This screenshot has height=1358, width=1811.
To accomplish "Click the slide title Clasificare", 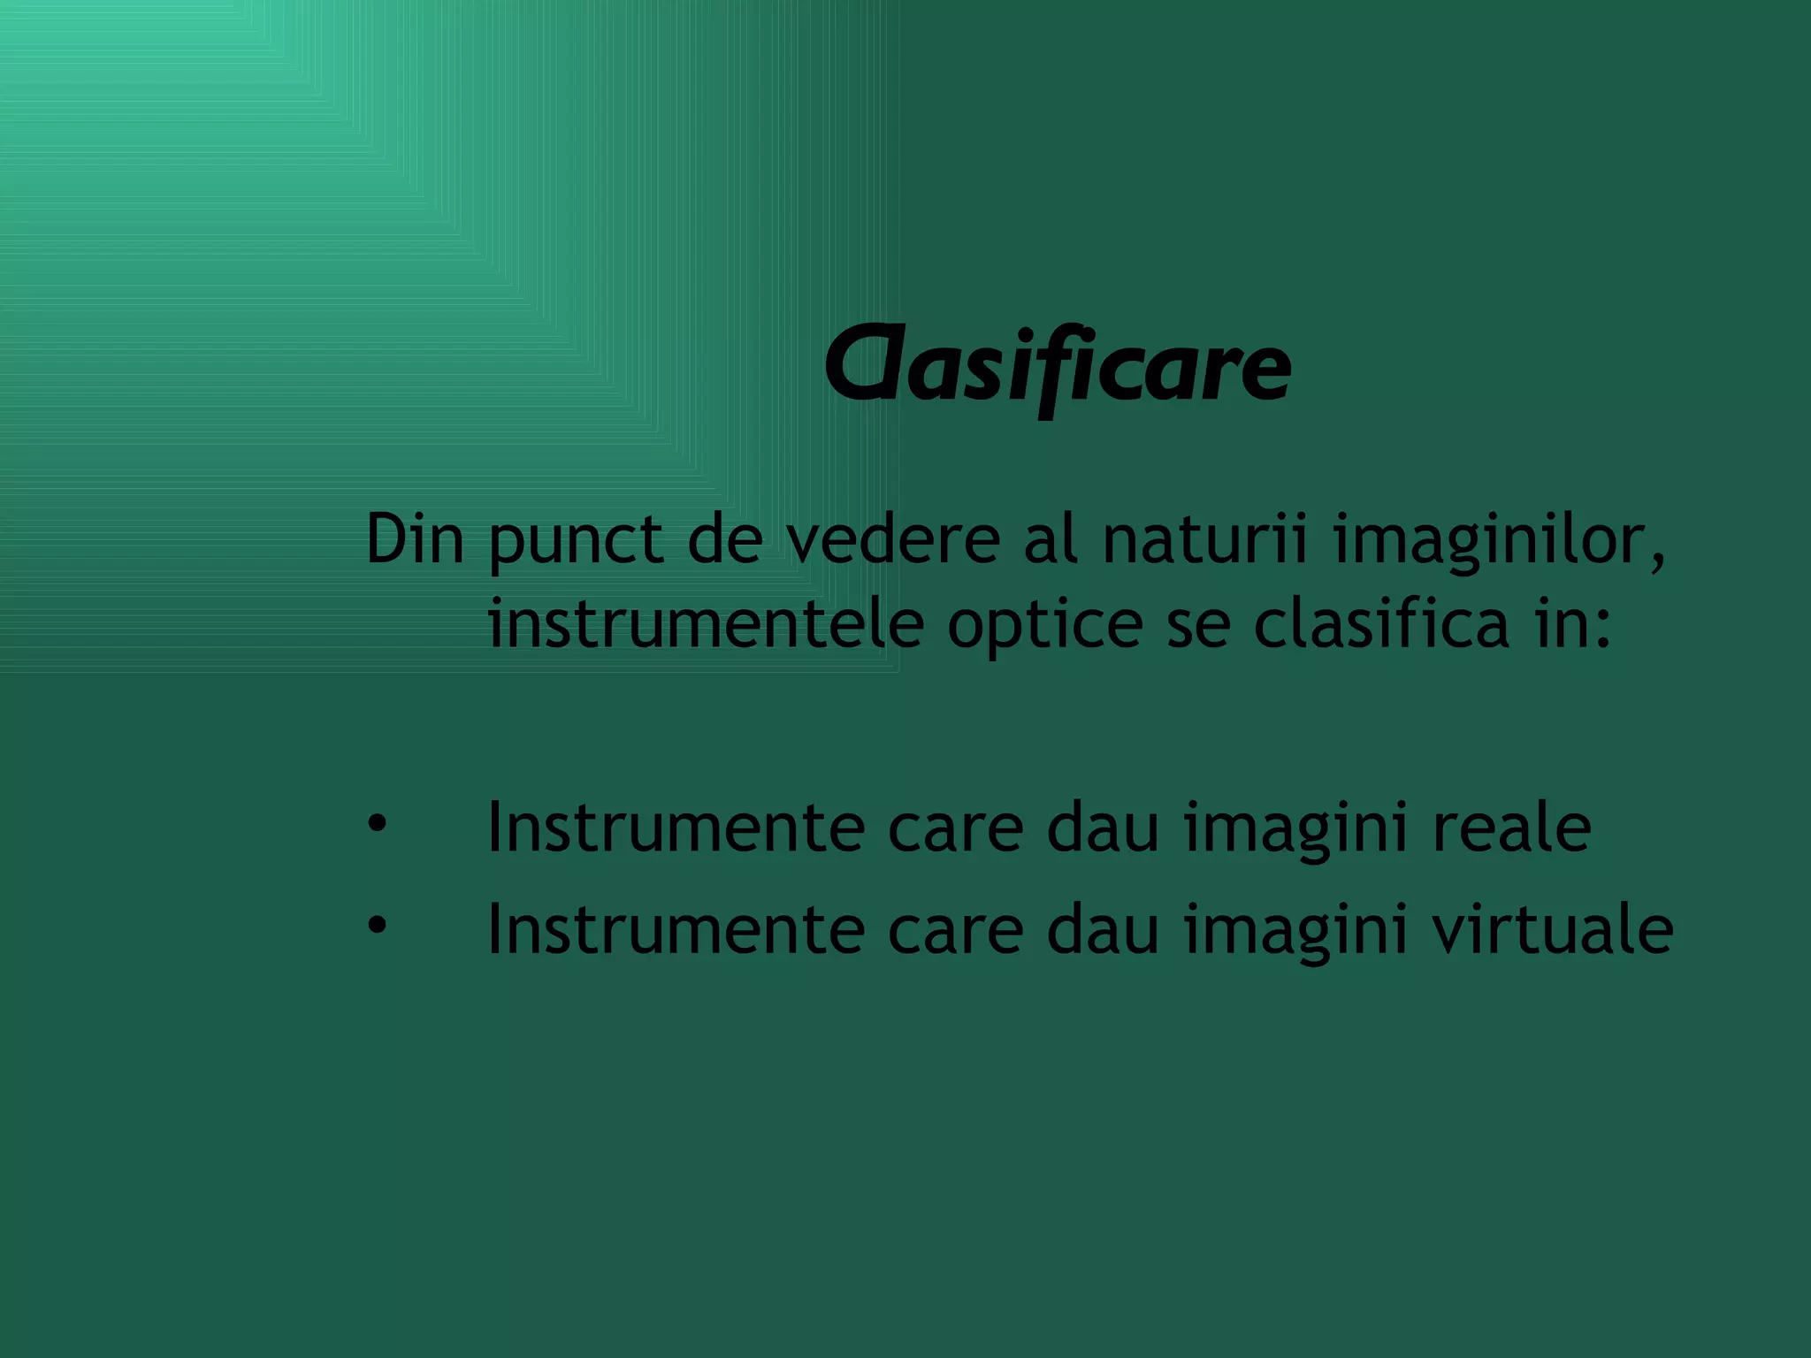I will pos(1058,367).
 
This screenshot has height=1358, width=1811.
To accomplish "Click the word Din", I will pos(415,538).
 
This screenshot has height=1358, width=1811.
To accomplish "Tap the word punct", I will pos(576,541).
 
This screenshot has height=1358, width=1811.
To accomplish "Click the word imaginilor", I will pos(1499,541).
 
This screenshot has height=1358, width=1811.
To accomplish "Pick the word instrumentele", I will pos(706,624).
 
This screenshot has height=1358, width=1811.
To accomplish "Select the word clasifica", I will pos(1381,622).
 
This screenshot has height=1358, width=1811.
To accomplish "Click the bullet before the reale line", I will pos(378,824).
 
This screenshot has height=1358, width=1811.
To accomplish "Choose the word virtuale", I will pos(1552,930).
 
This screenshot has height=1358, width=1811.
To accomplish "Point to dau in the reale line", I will pos(1103,828).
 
